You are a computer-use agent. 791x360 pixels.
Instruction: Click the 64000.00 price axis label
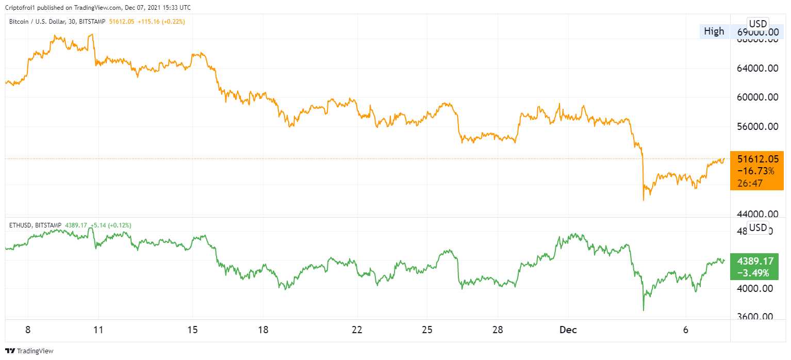coord(757,68)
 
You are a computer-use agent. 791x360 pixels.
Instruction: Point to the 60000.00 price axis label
coord(757,97)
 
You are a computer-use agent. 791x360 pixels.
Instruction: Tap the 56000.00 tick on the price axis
coord(757,126)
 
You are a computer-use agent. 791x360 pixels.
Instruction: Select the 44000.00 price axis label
coord(757,214)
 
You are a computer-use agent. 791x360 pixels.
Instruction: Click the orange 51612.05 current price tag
coord(756,159)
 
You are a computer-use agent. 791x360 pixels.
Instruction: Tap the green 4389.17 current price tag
coord(756,260)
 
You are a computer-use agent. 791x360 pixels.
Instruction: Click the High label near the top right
coord(714,31)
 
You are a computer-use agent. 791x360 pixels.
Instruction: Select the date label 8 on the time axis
coord(28,330)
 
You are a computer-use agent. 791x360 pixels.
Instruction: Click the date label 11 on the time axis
coord(98,330)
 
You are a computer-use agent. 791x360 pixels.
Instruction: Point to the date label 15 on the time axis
coord(193,330)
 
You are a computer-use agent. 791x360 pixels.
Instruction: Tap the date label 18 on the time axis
coord(263,330)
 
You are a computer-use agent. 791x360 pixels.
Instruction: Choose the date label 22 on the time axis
coord(357,330)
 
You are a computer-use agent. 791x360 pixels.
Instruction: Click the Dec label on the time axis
coord(569,330)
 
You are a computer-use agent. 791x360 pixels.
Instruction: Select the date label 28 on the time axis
coord(498,330)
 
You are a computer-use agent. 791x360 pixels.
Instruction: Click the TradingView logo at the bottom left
coord(30,351)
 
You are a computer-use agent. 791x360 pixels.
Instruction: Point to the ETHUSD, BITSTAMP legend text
coord(33,225)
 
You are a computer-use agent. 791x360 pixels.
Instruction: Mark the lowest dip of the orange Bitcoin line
coord(644,200)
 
